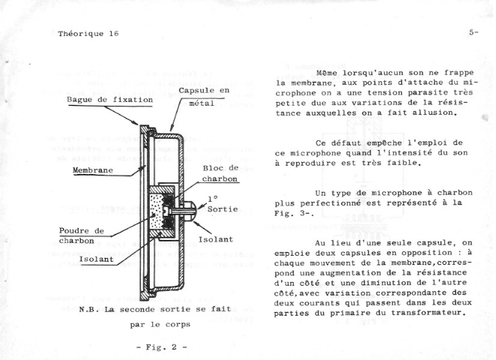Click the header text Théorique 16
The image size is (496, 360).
click(x=88, y=34)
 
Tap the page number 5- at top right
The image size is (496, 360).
click(x=474, y=32)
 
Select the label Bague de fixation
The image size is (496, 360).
click(x=110, y=100)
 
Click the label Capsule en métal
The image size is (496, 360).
click(x=204, y=97)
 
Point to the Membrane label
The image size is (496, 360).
click(x=93, y=170)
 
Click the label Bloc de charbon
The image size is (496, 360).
click(x=220, y=173)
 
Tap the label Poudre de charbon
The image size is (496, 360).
click(x=82, y=236)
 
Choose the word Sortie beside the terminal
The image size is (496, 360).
click(x=223, y=209)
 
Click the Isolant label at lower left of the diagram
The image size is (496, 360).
click(x=96, y=259)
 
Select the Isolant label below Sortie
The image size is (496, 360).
click(x=216, y=239)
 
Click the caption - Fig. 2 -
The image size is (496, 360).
click(x=162, y=347)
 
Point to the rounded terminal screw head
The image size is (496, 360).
click(x=191, y=209)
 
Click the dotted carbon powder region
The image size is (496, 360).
click(x=156, y=211)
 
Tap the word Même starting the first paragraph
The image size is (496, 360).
click(x=327, y=73)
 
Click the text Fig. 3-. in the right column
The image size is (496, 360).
click(x=294, y=213)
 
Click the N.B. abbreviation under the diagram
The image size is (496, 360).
click(x=87, y=309)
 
